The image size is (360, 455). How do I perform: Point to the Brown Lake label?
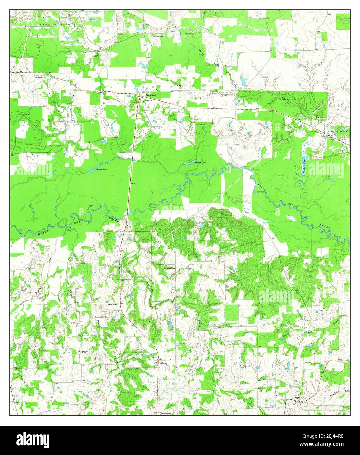pyautogui.click(x=101, y=170)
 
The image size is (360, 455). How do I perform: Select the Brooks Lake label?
pyautogui.click(x=200, y=163)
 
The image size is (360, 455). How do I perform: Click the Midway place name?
pyautogui.click(x=163, y=363)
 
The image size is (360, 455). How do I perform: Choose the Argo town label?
pyautogui.click(x=297, y=397)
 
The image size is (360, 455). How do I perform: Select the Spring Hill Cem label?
pyautogui.click(x=102, y=312)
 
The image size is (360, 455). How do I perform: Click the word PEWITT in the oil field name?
pyautogui.click(x=333, y=131)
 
